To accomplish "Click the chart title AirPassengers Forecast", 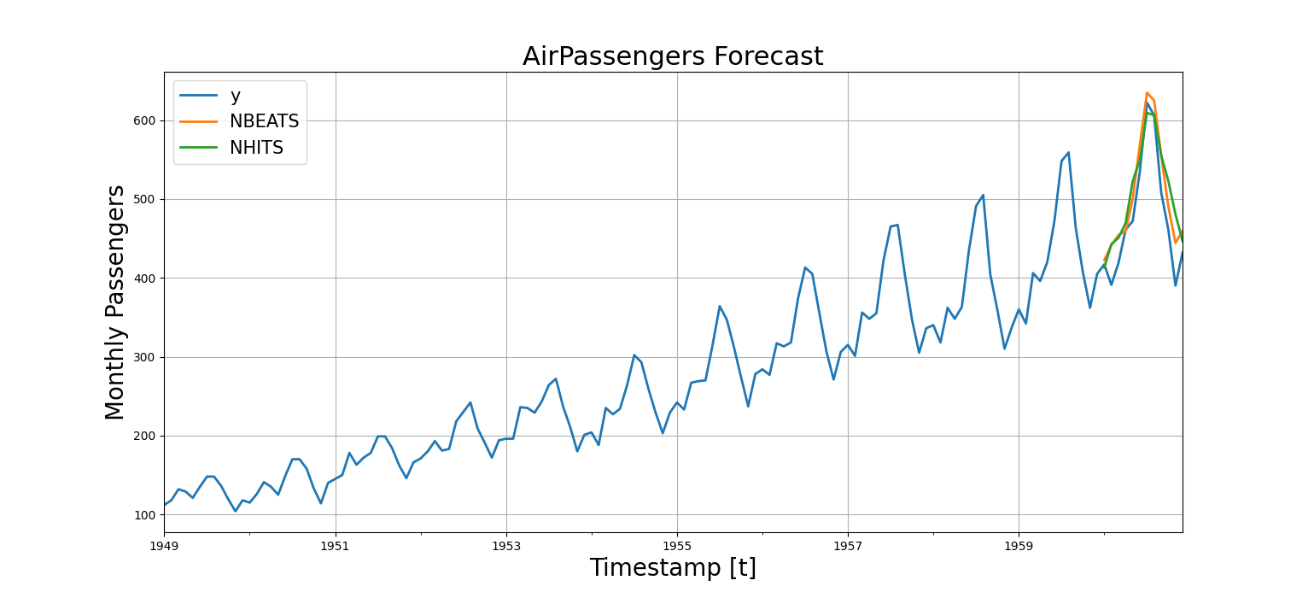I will (673, 57).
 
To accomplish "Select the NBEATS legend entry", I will (264, 122).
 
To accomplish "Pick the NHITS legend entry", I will (256, 148).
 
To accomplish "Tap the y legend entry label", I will (236, 96).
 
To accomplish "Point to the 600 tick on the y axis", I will (143, 120).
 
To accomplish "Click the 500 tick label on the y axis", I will (143, 199).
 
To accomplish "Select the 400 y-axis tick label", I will (143, 278).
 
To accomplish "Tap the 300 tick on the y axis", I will (143, 357).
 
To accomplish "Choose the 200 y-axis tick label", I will (143, 436).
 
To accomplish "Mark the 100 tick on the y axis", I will (143, 515).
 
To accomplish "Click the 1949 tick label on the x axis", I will (164, 544).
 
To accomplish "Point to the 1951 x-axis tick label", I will (336, 544).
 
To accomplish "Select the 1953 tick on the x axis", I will (506, 544).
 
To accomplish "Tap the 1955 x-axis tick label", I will (677, 544).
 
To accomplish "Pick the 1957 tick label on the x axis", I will (848, 544).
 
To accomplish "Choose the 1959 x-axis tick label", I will (1019, 544).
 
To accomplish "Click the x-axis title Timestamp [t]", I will (673, 568).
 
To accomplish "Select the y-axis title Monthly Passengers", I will (115, 302).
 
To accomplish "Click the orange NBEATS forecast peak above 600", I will (1147, 93).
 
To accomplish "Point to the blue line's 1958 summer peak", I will (983, 196).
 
